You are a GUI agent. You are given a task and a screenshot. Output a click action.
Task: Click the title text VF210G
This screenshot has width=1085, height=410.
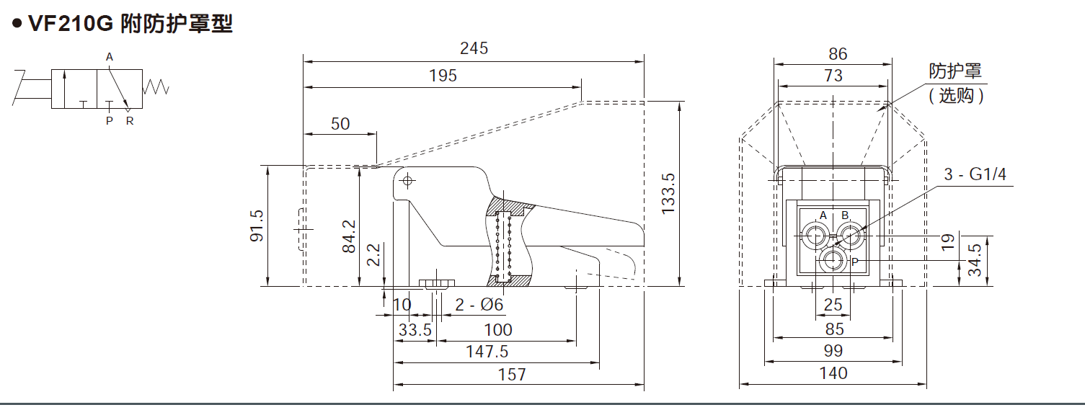pos(71,23)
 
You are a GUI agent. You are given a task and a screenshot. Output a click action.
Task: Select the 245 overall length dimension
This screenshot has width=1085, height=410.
pos(474,48)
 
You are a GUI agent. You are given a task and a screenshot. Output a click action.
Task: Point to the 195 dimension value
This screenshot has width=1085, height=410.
pos(443,76)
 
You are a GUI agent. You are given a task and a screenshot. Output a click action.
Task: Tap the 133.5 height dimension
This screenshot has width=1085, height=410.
pos(668,194)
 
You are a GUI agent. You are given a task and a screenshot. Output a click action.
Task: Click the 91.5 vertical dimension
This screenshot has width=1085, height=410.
pos(257,226)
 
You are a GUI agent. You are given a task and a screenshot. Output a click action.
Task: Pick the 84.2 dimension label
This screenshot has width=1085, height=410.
pos(349,236)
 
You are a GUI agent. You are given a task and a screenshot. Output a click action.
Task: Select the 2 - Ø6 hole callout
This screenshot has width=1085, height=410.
pos(479,305)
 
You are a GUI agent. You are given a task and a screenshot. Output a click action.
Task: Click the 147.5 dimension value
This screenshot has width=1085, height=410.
pos(487,352)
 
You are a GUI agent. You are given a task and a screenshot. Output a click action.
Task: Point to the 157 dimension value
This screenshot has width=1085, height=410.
pos(512,374)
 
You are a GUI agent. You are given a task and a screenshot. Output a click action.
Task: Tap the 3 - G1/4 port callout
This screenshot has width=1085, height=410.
pos(975,174)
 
